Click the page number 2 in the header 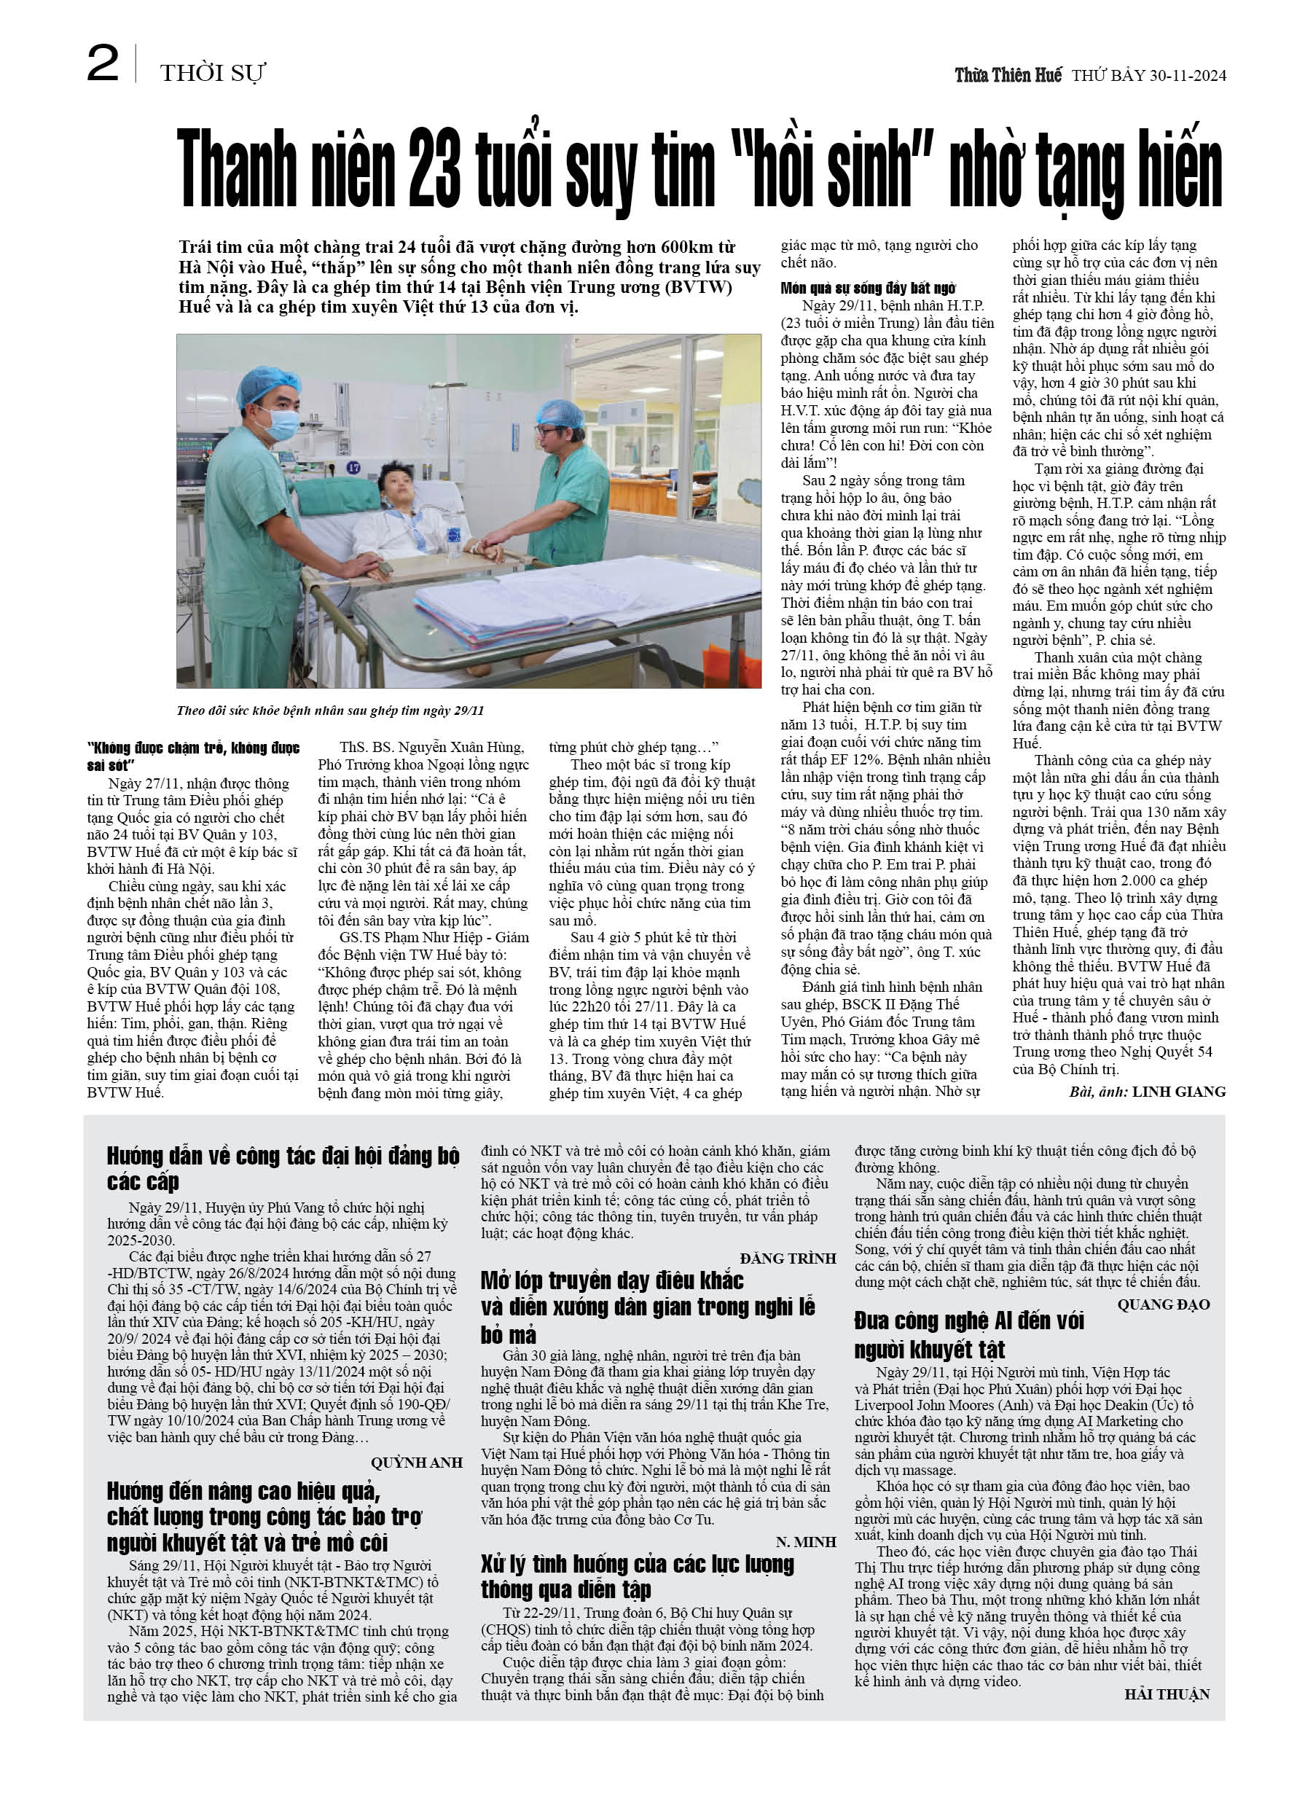103,65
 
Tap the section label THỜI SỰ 212,74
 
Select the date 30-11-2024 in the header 1187,76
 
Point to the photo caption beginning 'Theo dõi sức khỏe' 330,711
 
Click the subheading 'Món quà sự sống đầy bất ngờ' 867,288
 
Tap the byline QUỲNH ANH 416,1462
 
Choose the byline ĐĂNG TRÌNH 788,1258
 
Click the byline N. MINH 805,1542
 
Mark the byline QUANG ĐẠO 1163,1304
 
